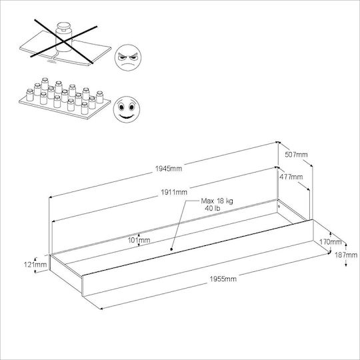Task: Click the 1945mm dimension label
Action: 169,169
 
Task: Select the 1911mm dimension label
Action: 174,192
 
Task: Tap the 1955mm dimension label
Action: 223,279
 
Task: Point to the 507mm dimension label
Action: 296,155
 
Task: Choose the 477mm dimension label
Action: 291,177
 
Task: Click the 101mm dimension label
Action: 139,240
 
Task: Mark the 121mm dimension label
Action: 35,265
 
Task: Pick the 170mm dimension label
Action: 331,242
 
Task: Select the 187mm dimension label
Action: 346,255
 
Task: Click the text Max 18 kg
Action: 217,201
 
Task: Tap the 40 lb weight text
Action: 213,208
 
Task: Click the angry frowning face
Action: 127,57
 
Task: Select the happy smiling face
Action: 127,109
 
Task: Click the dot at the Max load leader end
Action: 171,249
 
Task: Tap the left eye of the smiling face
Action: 121,107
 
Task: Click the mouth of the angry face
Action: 127,64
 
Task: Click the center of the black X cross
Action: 63,41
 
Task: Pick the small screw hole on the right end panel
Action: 279,207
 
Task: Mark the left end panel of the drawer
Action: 66,273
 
